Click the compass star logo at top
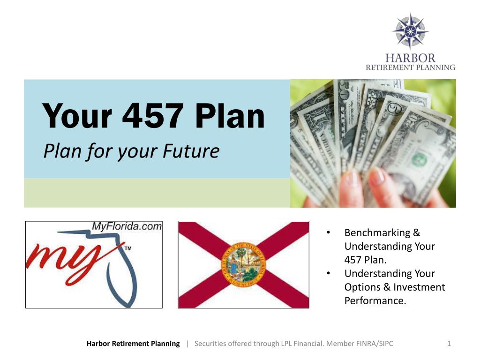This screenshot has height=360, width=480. (x=410, y=31)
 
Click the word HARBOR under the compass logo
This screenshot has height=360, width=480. (x=410, y=58)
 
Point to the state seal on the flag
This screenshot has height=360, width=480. (x=243, y=264)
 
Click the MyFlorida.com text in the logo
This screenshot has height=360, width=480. (x=127, y=226)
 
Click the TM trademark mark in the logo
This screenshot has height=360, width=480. (x=127, y=248)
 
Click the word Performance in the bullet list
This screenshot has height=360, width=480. (x=375, y=300)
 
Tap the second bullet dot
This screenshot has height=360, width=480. (x=329, y=273)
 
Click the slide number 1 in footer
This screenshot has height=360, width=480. (x=449, y=344)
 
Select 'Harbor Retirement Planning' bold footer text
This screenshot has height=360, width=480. (x=133, y=344)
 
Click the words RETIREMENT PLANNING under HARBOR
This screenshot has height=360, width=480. (x=410, y=67)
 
